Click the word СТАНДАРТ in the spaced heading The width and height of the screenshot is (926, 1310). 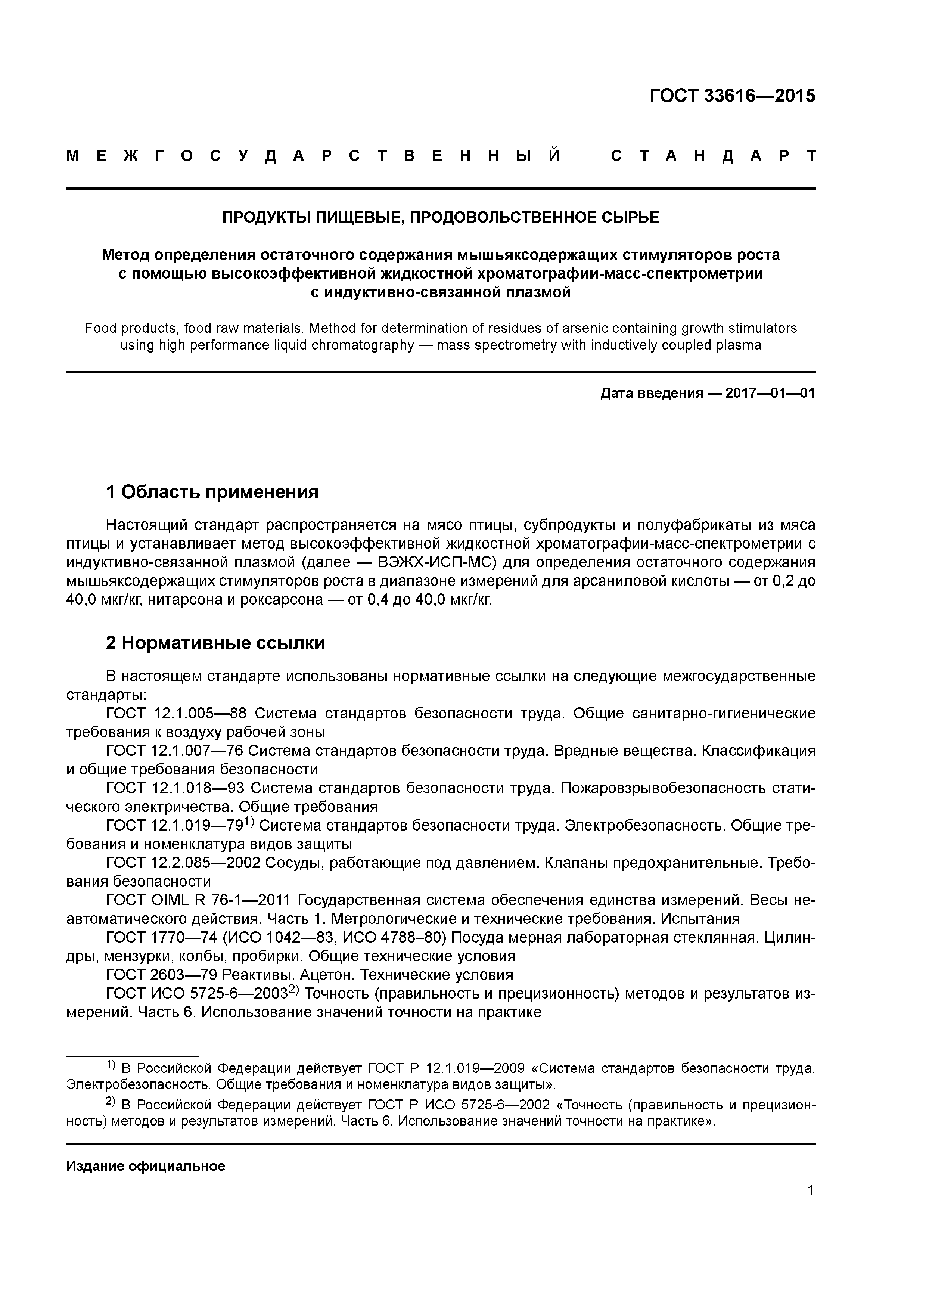[x=713, y=156]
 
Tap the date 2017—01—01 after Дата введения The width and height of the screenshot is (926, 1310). [x=770, y=394]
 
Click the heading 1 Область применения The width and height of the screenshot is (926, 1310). [x=212, y=492]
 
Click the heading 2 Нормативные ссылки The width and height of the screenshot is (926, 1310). [x=216, y=643]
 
